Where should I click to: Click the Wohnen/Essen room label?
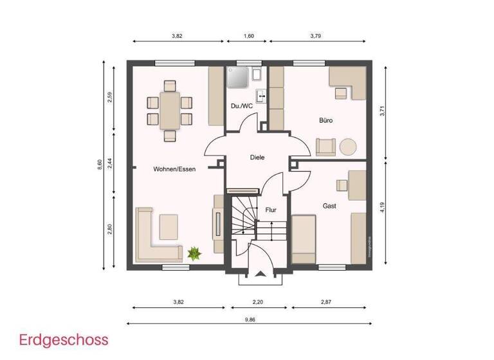coord(174,169)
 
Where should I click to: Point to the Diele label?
coord(257,157)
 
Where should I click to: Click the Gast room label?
coord(330,206)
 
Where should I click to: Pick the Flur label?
coord(271,210)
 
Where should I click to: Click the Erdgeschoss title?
coord(64,339)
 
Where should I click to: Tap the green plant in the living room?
coord(193,253)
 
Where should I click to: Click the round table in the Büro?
coord(348,147)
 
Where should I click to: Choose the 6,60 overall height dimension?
coord(99,165)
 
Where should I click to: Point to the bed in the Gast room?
coord(304,239)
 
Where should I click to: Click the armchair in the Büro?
coord(325,146)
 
